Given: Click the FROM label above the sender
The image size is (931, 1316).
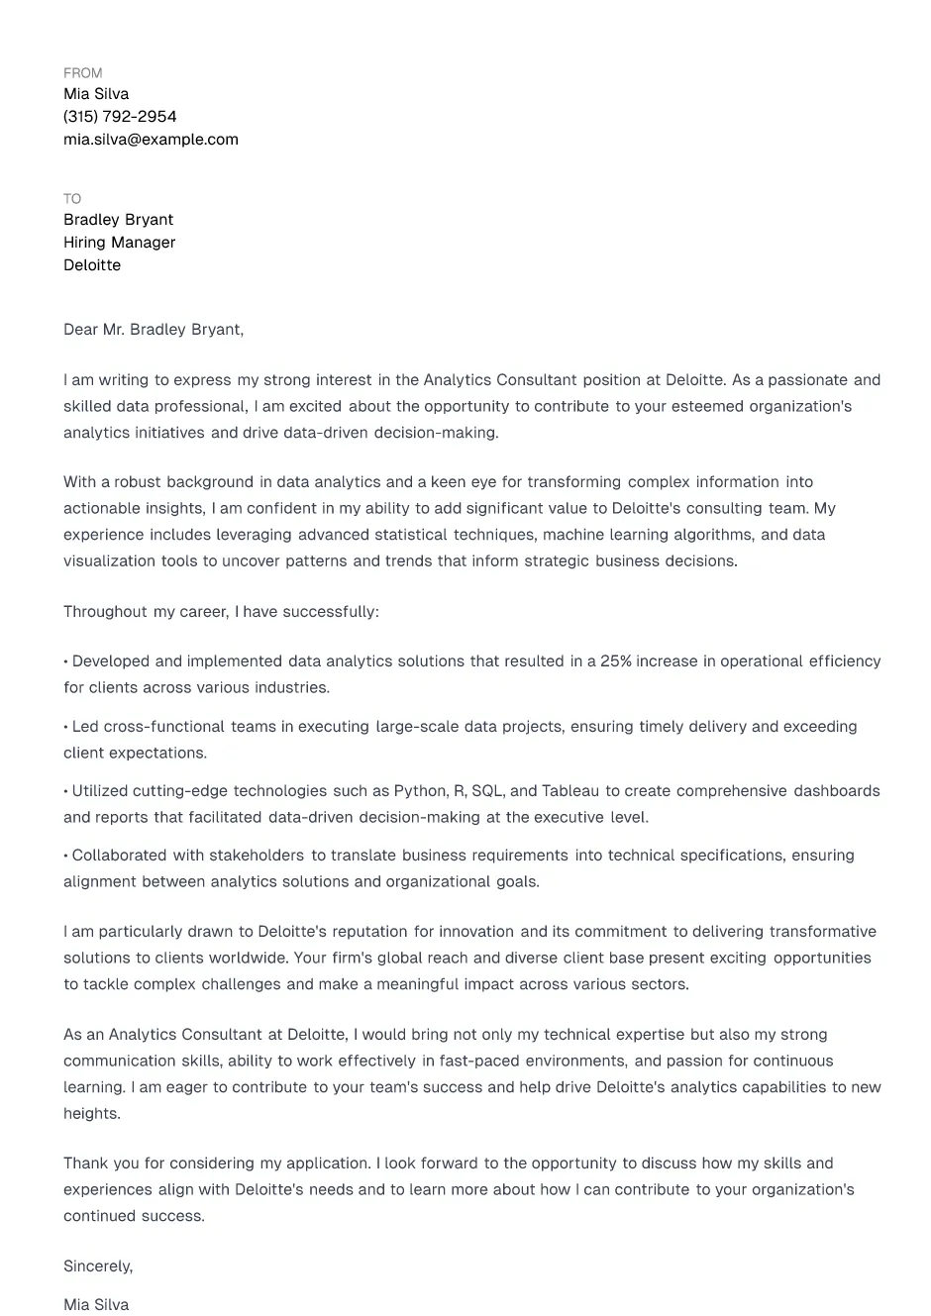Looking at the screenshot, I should click(x=82, y=73).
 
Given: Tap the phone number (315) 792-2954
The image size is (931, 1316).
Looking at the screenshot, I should click(x=120, y=117).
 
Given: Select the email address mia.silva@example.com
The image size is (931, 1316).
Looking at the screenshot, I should click(x=151, y=140).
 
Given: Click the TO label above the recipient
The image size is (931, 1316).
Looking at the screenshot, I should click(x=72, y=199).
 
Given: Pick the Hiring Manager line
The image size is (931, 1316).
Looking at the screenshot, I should click(x=119, y=243).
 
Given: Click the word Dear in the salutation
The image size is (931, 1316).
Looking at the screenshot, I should click(x=80, y=330).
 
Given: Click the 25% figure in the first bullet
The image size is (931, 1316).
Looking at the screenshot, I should click(x=615, y=661).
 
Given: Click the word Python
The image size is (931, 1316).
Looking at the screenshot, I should click(x=420, y=791).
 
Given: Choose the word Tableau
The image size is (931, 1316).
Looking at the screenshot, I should click(x=570, y=791).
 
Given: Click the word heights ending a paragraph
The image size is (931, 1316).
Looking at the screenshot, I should click(x=90, y=1114).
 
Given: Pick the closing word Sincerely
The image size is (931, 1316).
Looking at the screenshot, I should click(x=97, y=1266).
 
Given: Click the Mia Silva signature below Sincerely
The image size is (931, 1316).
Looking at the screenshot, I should click(x=96, y=1305).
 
